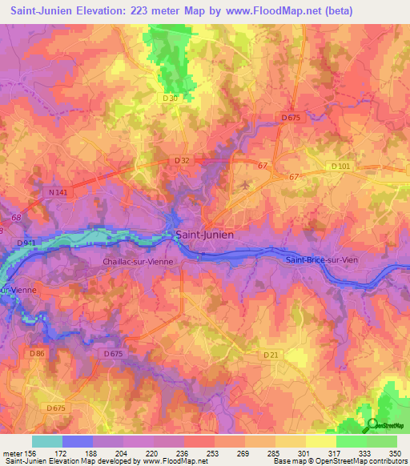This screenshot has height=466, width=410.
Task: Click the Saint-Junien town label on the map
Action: tap(204, 235)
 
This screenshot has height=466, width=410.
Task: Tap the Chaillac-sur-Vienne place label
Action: tap(143, 262)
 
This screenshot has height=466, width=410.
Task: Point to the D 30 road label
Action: tap(170, 98)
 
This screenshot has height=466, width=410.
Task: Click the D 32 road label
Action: tap(183, 161)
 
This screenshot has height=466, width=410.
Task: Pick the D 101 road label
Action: tap(341, 166)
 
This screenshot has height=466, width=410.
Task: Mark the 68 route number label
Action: tap(17, 217)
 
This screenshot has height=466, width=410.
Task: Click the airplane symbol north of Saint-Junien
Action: tap(245, 185)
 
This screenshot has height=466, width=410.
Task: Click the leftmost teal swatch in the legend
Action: tap(47, 440)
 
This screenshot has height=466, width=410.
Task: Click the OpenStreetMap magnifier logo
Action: tap(371, 426)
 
